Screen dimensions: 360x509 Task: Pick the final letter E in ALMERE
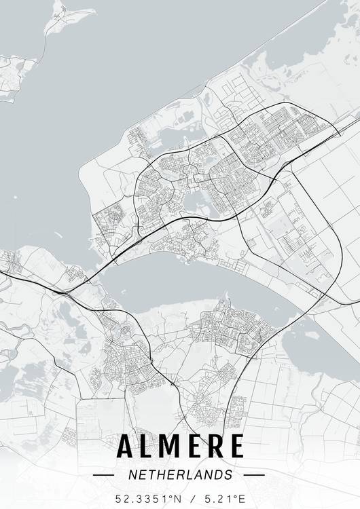point(235,447)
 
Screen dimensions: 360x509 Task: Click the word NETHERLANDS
point(179,474)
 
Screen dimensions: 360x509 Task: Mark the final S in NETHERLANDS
point(228,474)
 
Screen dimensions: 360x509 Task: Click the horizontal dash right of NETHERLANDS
point(253,475)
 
